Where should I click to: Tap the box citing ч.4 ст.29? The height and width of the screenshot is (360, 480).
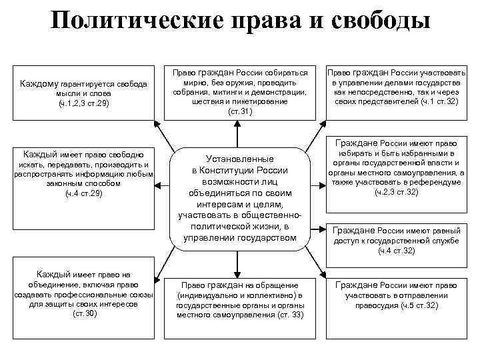click(83, 174)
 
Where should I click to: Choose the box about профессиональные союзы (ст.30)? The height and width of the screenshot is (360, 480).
click(83, 294)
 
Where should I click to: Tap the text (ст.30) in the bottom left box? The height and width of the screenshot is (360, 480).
click(84, 313)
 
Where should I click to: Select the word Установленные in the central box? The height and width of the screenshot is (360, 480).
click(240, 159)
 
